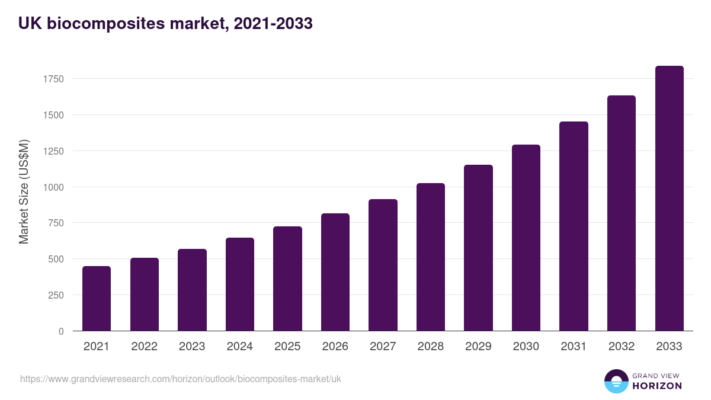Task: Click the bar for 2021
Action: coord(97,299)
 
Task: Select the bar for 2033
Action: coord(669,199)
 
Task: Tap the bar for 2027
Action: coord(383,265)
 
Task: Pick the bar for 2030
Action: coord(526,238)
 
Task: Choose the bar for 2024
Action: coord(240,284)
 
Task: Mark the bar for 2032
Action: coord(622,213)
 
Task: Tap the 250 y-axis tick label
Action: coord(56,295)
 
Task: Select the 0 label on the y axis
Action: coord(61,331)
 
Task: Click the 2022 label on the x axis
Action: coord(144,347)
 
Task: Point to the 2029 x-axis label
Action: coord(478,347)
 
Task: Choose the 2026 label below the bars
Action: coord(335,347)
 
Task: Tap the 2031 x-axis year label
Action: coord(574,347)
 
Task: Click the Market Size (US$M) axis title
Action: coord(24,191)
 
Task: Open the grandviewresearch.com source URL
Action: coord(181,379)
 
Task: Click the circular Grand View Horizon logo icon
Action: coord(616,381)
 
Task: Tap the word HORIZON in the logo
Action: coord(657,386)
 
